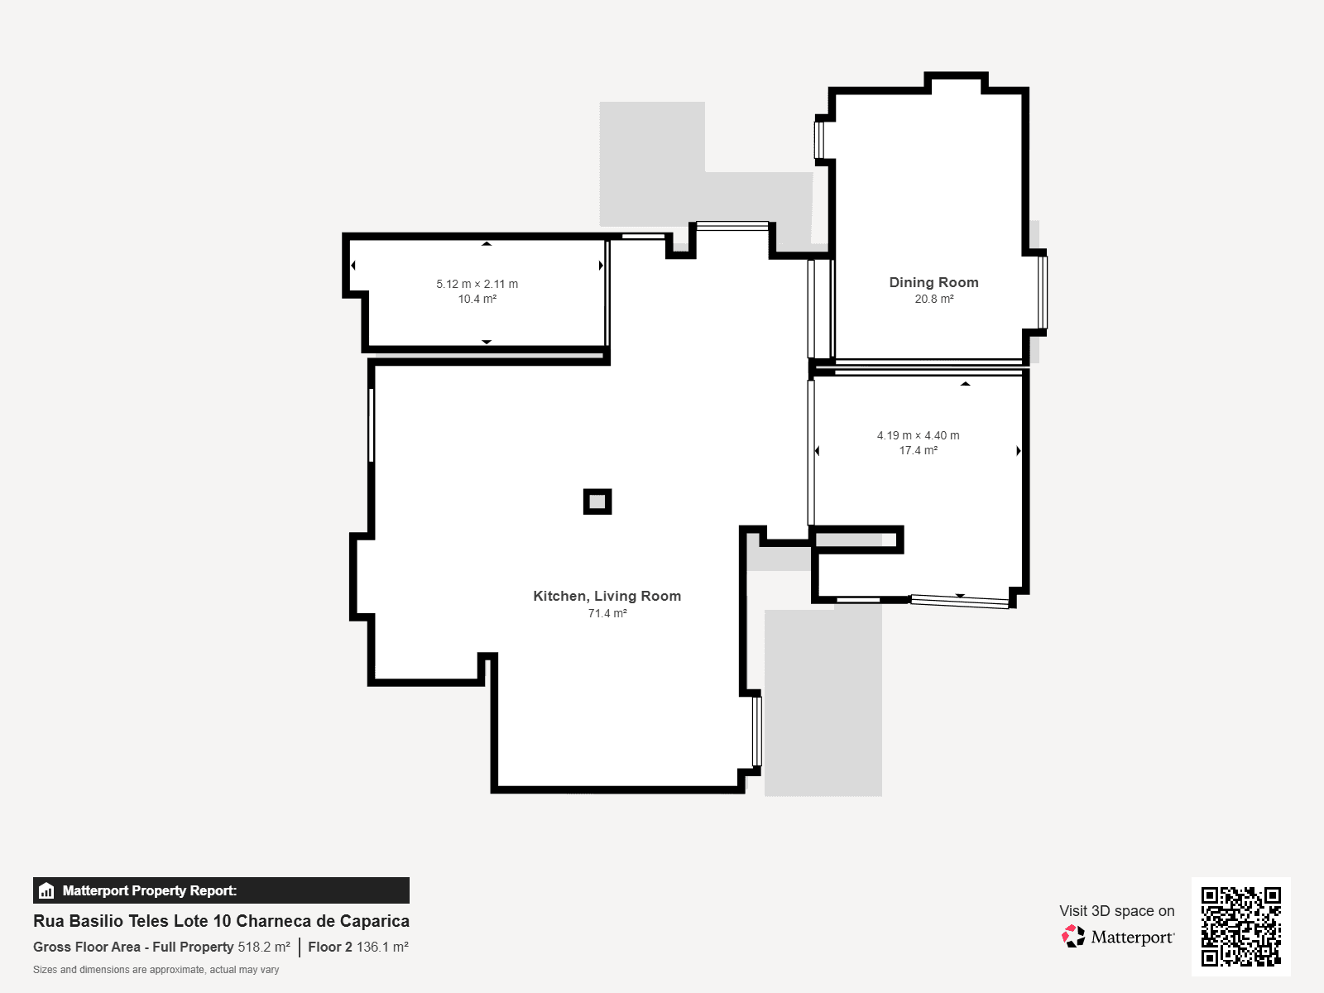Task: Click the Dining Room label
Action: point(933,282)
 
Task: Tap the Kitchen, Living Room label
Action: point(607,597)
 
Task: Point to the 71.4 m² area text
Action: point(607,613)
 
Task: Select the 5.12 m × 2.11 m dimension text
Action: point(477,284)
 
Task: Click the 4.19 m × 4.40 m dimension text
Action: point(918,435)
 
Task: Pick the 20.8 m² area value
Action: point(933,299)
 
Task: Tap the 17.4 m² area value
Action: point(918,450)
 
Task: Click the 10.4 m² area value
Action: point(477,299)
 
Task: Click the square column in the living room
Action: point(597,501)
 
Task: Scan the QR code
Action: point(1240,927)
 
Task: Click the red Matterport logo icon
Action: point(1072,937)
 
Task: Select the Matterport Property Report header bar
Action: point(222,890)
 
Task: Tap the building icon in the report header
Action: point(46,890)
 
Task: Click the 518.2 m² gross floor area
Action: point(264,947)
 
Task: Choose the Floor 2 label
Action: point(330,947)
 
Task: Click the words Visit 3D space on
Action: point(1116,911)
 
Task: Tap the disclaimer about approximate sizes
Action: point(156,970)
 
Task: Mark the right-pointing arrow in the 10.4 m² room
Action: point(601,266)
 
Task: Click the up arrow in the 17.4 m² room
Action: point(965,383)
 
